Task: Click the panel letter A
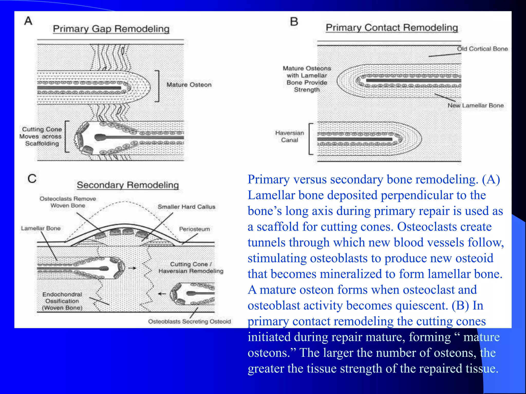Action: pyautogui.click(x=28, y=21)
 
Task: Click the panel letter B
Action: pyautogui.click(x=294, y=22)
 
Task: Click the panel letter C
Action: pyautogui.click(x=32, y=178)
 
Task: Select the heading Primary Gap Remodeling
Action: pyautogui.click(x=111, y=29)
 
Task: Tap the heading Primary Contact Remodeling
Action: pyautogui.click(x=392, y=27)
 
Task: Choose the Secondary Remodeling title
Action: pyautogui.click(x=128, y=185)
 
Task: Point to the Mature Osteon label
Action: pyautogui.click(x=189, y=85)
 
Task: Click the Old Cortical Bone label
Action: pyautogui.click(x=482, y=49)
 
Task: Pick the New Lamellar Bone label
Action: pyautogui.click(x=475, y=105)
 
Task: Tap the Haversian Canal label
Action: pyautogui.click(x=289, y=136)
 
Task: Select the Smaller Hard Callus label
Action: pyautogui.click(x=186, y=207)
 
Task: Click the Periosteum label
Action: pyautogui.click(x=194, y=229)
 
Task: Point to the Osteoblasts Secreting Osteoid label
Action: pyautogui.click(x=190, y=321)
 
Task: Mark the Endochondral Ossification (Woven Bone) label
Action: pyautogui.click(x=62, y=301)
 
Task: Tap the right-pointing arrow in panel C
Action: pyautogui.click(x=132, y=268)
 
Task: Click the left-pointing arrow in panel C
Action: pyautogui.click(x=162, y=294)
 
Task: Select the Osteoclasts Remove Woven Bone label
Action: pyautogui.click(x=68, y=202)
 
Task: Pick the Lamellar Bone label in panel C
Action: pyautogui.click(x=41, y=228)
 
